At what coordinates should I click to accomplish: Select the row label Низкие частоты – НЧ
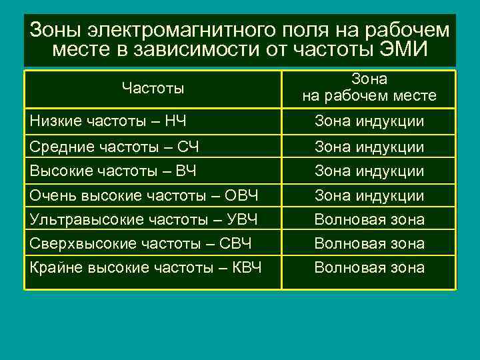point(109,121)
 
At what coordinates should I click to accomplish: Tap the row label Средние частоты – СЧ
point(115,146)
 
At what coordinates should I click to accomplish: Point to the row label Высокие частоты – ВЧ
point(113,171)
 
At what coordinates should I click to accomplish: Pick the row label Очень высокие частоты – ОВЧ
point(145,195)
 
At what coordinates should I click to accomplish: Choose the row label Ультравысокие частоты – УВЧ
point(144,219)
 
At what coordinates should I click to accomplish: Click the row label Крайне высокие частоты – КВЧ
point(146,267)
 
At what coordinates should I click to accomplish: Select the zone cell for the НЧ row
point(369,121)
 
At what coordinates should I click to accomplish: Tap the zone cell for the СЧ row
point(369,146)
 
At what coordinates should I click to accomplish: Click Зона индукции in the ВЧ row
point(369,171)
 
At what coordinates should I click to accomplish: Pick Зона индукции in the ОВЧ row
point(369,195)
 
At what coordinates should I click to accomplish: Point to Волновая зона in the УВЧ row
point(369,219)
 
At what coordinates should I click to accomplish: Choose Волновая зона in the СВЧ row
point(369,243)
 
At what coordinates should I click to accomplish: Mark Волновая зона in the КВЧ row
point(369,267)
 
